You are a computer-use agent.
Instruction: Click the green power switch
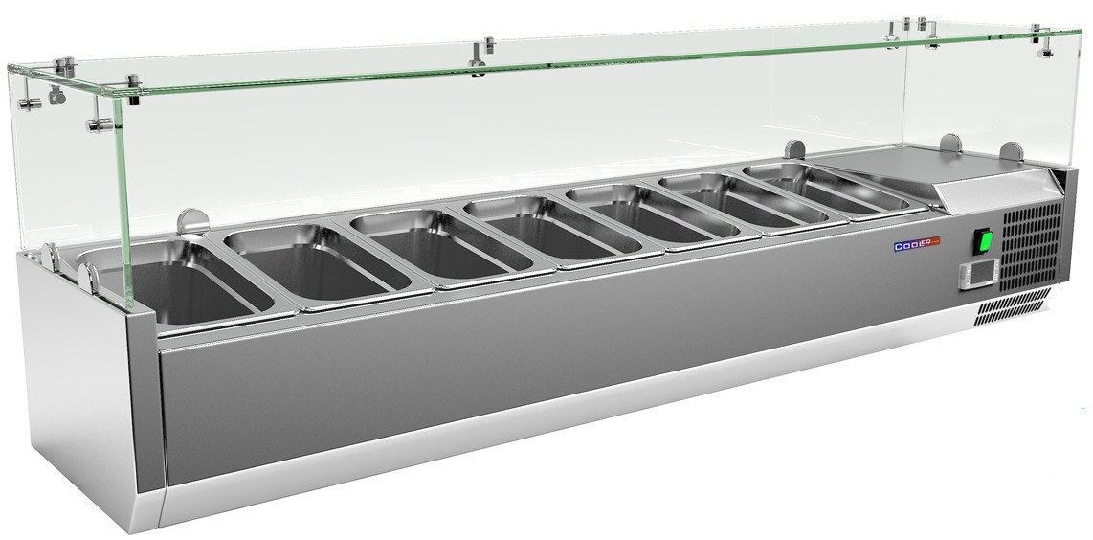(984, 241)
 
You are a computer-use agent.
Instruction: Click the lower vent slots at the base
(1010, 308)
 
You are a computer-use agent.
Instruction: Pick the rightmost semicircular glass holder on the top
(1010, 152)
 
